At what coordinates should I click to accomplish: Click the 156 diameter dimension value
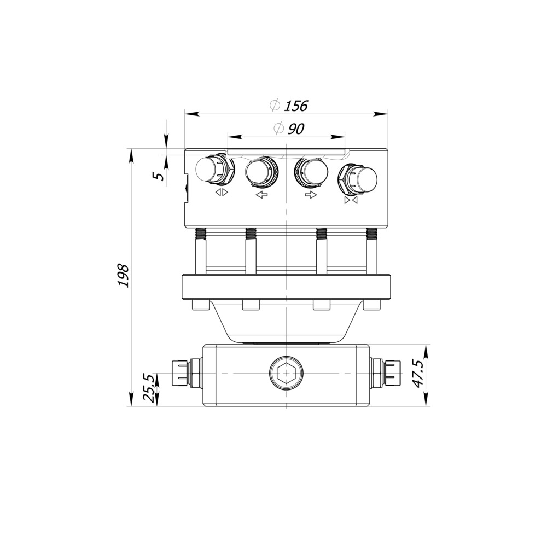point(296,106)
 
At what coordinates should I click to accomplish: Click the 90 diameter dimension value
point(295,129)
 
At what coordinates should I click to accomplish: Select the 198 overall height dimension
point(123,276)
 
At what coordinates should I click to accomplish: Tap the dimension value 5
point(158,176)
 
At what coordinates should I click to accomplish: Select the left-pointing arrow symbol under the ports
point(262,195)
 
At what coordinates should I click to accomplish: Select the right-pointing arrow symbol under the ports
point(311,195)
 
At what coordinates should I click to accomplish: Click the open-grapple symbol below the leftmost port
point(222,193)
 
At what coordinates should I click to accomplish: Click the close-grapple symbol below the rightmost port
point(351,201)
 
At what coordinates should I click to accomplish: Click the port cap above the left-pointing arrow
point(260,172)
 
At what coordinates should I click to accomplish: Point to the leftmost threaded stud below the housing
point(201,235)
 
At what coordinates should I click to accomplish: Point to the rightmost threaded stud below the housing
point(372,235)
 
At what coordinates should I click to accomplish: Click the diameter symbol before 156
point(275,106)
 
